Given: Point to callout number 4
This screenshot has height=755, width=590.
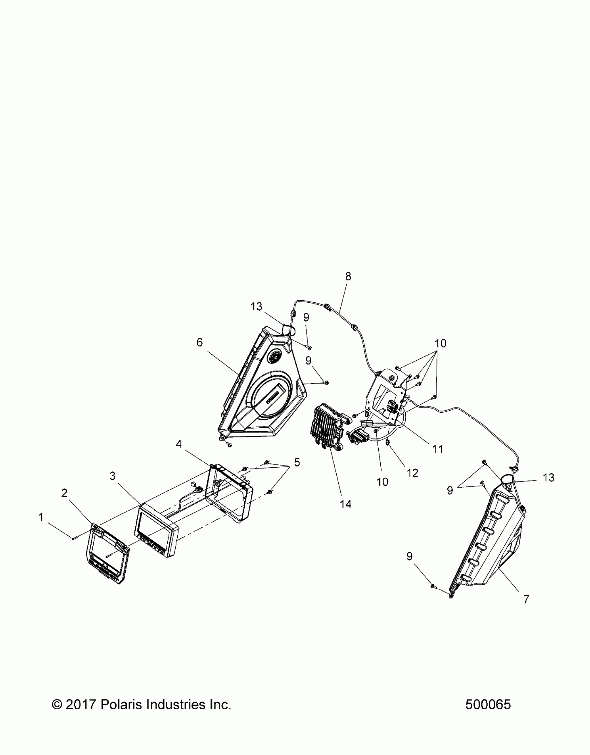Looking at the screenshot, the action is point(179,444).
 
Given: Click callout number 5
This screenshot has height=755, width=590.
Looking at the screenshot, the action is point(297,462).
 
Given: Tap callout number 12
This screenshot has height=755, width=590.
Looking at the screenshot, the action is point(412,473).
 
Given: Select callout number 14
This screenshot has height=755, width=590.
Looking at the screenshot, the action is point(346,504).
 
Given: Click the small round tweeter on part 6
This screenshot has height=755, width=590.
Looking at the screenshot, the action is point(275,356).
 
